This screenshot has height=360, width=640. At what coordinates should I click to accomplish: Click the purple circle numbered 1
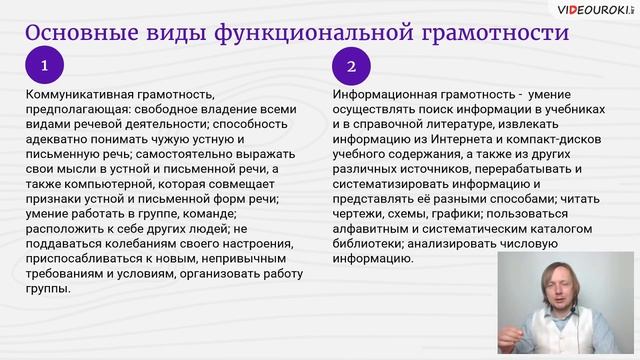(x=45, y=67)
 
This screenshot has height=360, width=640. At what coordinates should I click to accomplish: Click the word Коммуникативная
(x=76, y=93)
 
